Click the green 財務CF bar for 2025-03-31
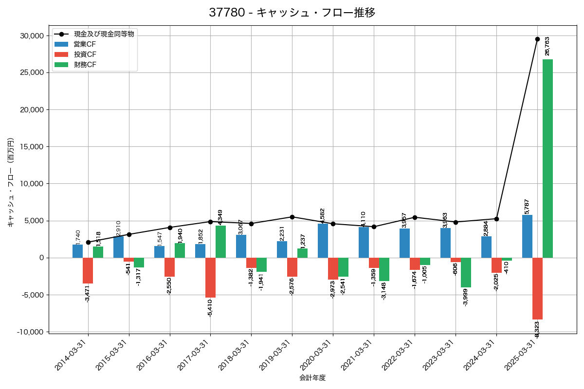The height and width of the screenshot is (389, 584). click(547, 159)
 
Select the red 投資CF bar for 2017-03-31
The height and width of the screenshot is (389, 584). click(210, 278)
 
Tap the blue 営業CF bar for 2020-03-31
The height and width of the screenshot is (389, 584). click(323, 241)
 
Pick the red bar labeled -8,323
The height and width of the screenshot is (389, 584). click(537, 288)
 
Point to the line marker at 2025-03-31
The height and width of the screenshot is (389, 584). click(537, 39)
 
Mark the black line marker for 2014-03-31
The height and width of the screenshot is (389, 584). click(88, 242)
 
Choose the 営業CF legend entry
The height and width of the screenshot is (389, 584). click(85, 44)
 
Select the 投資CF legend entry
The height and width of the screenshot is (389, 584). click(85, 54)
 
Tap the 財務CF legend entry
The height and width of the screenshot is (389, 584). click(85, 65)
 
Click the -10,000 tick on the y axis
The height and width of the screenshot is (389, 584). click(30, 332)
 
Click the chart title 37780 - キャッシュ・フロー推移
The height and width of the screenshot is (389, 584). click(292, 13)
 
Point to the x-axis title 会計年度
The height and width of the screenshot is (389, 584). click(312, 378)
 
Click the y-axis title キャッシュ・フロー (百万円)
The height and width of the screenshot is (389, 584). click(11, 183)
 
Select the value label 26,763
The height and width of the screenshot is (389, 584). click(547, 46)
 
